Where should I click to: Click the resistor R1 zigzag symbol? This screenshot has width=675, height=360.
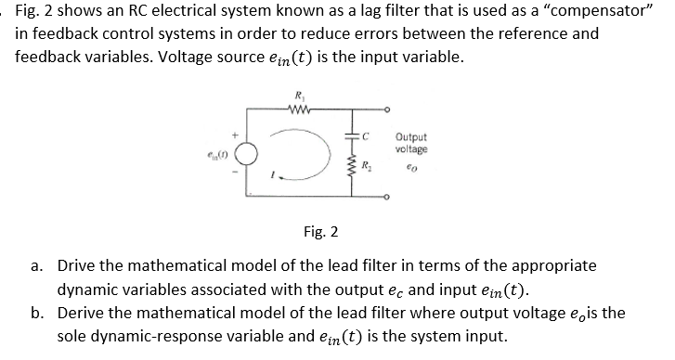click(x=299, y=109)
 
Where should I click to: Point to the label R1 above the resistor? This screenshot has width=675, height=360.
click(x=297, y=95)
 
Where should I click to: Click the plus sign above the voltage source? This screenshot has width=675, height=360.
click(x=234, y=135)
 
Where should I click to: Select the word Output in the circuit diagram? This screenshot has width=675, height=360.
click(x=411, y=137)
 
